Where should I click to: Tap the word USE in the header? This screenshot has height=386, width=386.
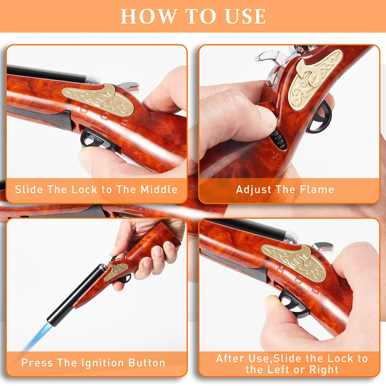coord(246,16)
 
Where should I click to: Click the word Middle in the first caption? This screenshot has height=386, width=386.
coord(159,190)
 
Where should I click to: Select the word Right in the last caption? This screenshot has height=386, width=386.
coord(324,370)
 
